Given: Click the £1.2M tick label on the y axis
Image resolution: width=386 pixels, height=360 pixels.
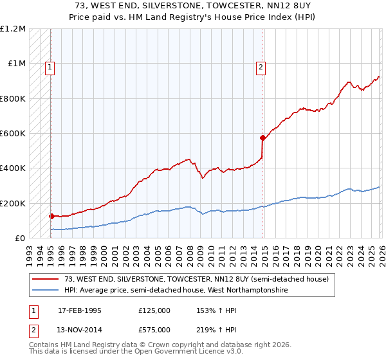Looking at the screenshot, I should point(14,29).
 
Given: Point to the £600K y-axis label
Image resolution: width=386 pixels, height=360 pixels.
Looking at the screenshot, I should point(14,134).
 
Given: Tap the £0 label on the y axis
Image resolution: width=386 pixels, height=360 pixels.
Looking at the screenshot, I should point(19,239).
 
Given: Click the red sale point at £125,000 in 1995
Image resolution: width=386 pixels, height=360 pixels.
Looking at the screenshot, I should point(51,217).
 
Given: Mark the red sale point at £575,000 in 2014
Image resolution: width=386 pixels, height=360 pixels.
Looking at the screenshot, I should point(262,138).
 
